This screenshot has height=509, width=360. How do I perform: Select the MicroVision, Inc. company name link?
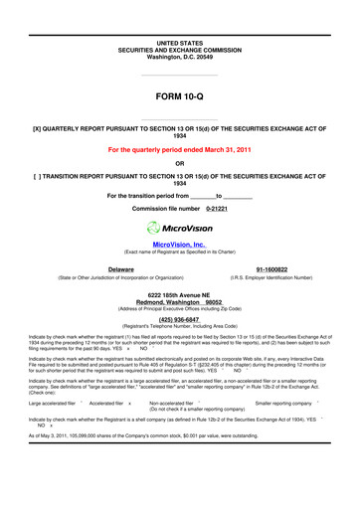click(x=179, y=244)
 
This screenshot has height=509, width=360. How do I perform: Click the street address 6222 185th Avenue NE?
click(x=179, y=295)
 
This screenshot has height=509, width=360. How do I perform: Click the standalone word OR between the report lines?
click(x=179, y=163)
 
